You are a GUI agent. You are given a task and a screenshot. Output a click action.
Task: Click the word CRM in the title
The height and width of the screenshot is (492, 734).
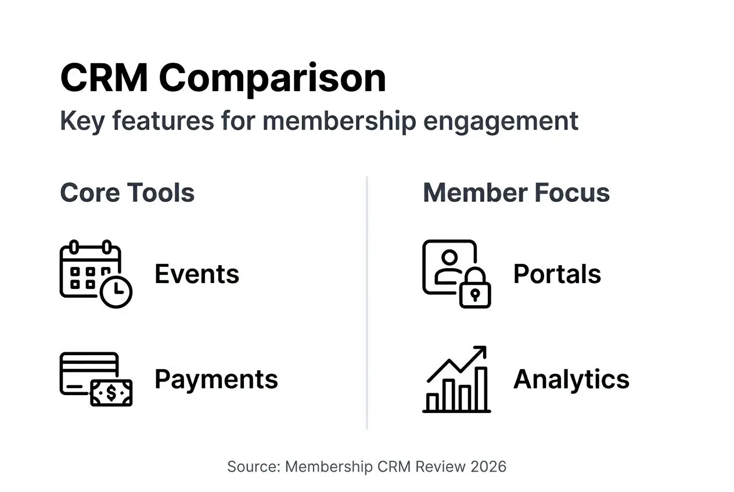(104, 78)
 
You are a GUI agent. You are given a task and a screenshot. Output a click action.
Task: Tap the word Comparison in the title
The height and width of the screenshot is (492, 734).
(272, 78)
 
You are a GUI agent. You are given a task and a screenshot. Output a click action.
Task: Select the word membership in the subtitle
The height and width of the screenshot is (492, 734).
(339, 121)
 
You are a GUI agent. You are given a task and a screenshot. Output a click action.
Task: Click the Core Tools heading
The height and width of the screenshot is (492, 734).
(127, 193)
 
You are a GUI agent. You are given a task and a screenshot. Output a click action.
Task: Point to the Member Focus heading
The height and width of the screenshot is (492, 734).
(516, 193)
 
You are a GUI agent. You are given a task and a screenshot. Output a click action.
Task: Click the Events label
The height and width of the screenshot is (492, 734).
(196, 274)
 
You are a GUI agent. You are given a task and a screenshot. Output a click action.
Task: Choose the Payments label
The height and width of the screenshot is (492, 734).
(216, 379)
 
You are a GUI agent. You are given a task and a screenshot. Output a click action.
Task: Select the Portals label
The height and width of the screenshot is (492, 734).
(557, 274)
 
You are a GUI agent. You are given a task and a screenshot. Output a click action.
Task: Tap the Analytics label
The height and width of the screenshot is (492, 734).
(571, 379)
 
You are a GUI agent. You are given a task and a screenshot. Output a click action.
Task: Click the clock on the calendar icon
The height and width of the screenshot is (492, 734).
(116, 291)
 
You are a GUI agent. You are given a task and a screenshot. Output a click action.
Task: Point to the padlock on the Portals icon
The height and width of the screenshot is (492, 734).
(475, 292)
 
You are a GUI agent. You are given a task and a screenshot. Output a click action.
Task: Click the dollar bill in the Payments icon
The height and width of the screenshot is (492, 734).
(111, 393)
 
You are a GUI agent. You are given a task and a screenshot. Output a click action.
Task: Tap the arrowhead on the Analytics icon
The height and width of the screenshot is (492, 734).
(480, 352)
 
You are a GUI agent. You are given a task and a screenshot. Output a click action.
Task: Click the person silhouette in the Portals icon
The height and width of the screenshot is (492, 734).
(448, 264)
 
